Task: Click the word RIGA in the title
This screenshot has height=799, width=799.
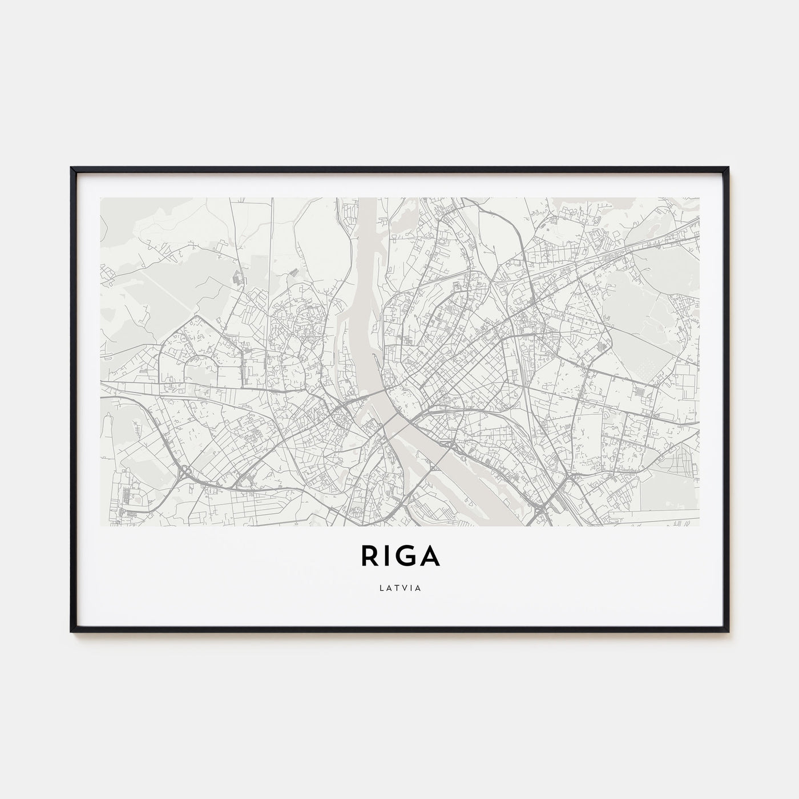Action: coord(399,556)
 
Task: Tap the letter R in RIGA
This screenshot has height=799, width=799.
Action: coord(368,556)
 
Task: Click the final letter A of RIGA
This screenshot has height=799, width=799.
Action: coord(430,556)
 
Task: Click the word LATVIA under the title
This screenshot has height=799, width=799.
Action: coord(399,588)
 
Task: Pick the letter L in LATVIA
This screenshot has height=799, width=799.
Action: coord(380,588)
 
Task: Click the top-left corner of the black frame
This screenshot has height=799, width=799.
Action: coord(72,168)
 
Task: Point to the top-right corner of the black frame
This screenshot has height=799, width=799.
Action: coord(728,168)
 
